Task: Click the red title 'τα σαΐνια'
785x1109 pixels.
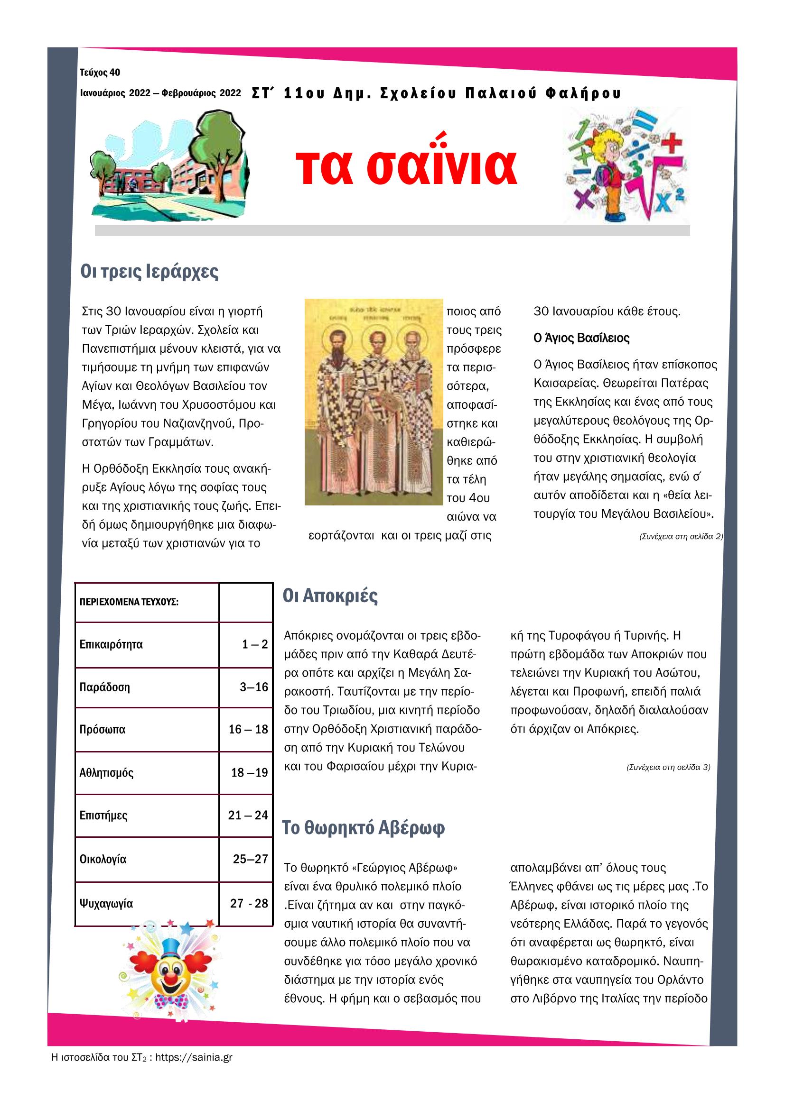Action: click(x=406, y=166)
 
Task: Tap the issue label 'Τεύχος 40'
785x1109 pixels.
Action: click(x=100, y=73)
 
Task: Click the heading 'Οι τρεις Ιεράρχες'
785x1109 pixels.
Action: click(x=150, y=272)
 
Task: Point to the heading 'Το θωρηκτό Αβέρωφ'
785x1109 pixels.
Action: click(x=364, y=828)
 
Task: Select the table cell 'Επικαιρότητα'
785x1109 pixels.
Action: click(x=111, y=645)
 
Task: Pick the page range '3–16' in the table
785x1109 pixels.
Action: click(x=254, y=687)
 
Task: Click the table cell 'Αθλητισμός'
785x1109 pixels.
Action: click(x=106, y=773)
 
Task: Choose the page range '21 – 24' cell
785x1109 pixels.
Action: click(x=248, y=816)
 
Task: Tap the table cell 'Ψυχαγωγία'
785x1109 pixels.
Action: click(x=106, y=904)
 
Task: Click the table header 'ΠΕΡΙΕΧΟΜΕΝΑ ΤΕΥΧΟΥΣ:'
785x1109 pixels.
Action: click(x=129, y=602)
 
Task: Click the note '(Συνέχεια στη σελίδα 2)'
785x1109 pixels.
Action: click(x=681, y=537)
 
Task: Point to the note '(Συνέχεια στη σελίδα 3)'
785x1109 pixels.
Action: click(x=668, y=767)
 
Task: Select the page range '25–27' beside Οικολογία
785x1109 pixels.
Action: click(x=250, y=859)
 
